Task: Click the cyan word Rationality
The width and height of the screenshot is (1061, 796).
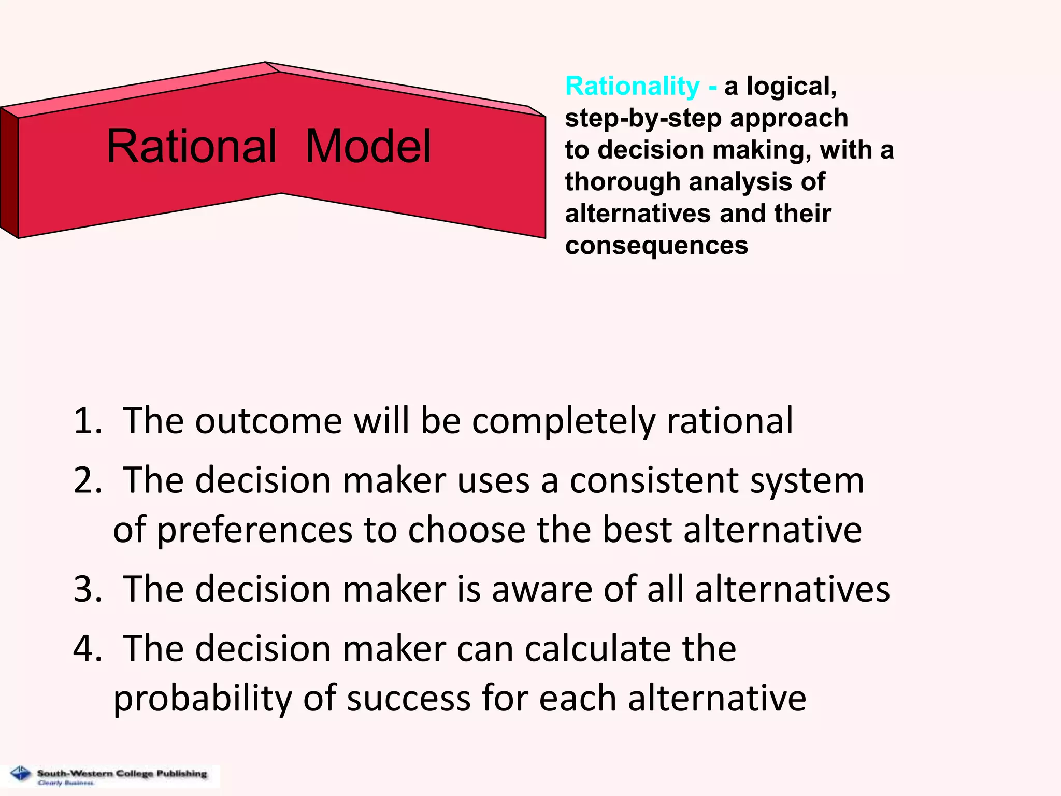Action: (x=632, y=86)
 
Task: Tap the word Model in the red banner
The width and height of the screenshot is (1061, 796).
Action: (x=368, y=147)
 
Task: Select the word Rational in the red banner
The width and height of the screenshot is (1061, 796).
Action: (x=191, y=147)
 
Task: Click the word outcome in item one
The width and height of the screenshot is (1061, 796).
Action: (x=268, y=420)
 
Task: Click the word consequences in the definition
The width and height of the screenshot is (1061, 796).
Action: (x=656, y=246)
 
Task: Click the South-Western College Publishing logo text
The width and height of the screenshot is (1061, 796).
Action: (x=122, y=773)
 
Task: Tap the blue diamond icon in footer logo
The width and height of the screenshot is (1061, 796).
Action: (x=21, y=774)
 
